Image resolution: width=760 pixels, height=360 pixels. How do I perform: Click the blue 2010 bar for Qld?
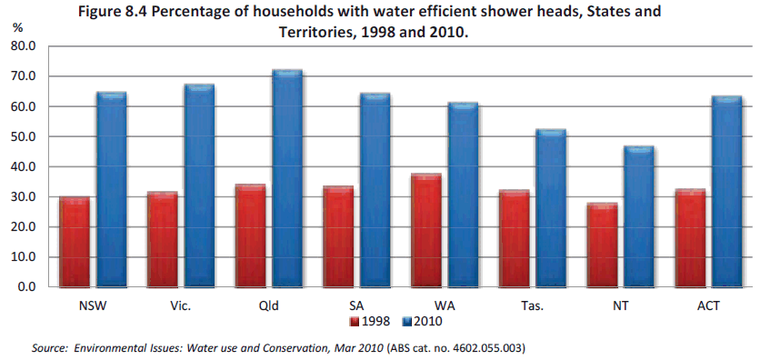286,179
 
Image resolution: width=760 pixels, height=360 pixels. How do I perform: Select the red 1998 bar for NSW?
75,243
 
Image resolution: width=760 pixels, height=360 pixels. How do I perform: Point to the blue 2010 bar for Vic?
198,186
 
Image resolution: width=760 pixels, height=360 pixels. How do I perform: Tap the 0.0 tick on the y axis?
28,287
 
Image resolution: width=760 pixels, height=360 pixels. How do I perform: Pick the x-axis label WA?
444,305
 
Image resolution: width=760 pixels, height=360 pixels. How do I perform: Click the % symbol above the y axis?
16,29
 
